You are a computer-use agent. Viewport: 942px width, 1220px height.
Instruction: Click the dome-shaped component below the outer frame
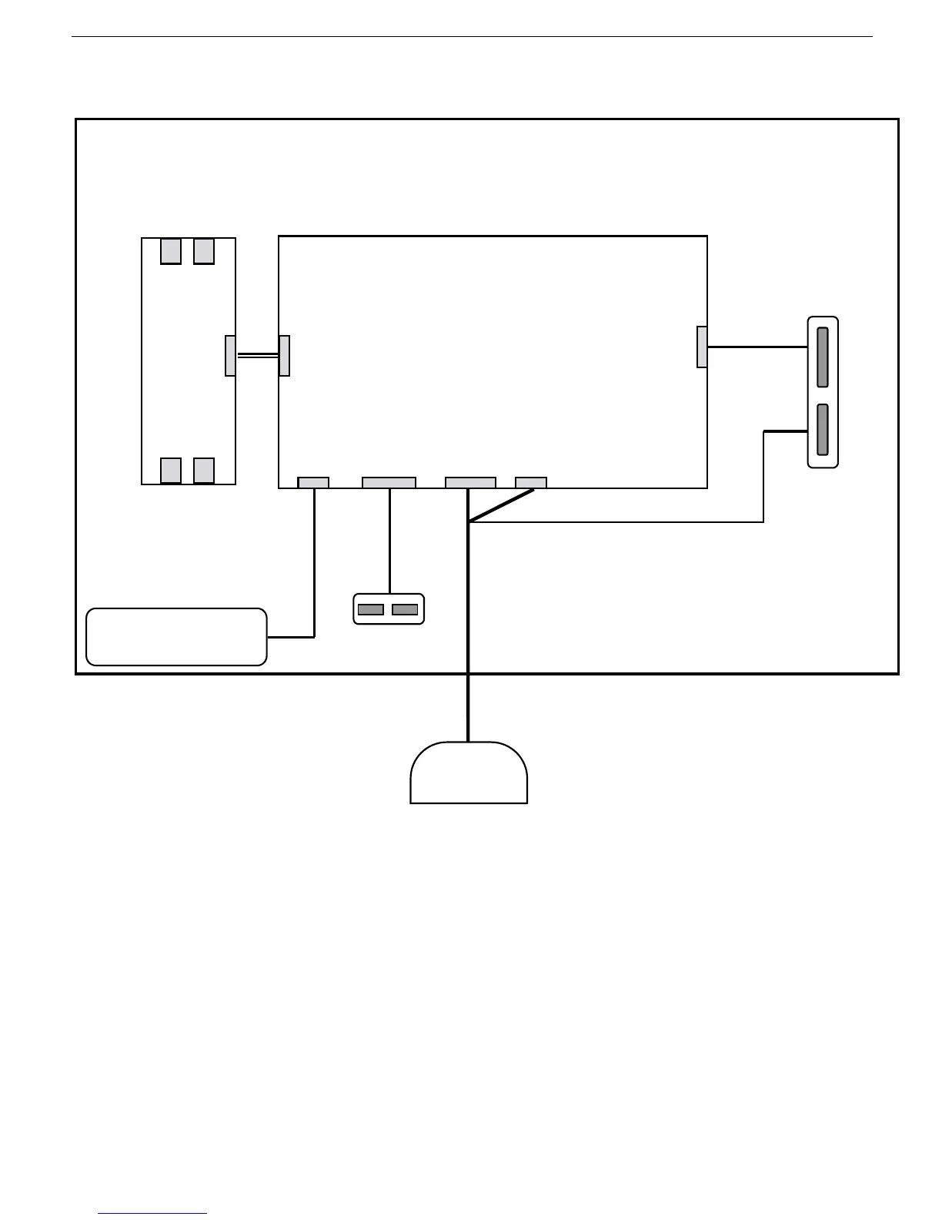coord(469,773)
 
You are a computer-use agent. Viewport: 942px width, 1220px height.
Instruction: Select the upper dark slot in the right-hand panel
coord(823,357)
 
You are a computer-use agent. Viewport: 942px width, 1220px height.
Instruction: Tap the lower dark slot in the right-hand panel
coord(823,429)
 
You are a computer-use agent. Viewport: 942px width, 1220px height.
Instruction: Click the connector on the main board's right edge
coord(702,347)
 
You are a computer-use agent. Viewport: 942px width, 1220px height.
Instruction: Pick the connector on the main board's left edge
coord(284,356)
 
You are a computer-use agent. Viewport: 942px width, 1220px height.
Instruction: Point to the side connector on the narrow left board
coord(230,356)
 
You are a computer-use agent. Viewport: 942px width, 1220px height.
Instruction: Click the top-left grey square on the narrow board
coord(171,251)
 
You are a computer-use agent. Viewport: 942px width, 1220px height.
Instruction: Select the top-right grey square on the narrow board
coord(204,251)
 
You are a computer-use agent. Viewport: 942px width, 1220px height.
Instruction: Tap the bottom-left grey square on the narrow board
coord(171,470)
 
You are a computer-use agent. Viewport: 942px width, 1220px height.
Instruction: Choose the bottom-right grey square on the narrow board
coord(204,470)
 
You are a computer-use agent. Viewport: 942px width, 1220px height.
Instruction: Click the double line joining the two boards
coord(257,356)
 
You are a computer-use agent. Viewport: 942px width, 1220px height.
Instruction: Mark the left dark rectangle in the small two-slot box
coord(371,609)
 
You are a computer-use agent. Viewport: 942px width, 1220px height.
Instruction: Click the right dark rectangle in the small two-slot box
coord(405,609)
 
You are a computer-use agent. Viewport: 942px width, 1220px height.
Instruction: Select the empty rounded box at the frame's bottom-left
coord(176,636)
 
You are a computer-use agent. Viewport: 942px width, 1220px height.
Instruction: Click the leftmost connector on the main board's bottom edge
coord(313,483)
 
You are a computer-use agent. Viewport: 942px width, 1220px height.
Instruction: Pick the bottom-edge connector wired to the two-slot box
coord(389,483)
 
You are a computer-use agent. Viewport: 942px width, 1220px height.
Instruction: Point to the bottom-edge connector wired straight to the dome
coord(470,483)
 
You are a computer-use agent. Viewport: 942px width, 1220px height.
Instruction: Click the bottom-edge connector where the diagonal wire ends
coord(531,483)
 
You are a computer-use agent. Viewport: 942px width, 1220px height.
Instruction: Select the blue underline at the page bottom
coord(152,1214)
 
